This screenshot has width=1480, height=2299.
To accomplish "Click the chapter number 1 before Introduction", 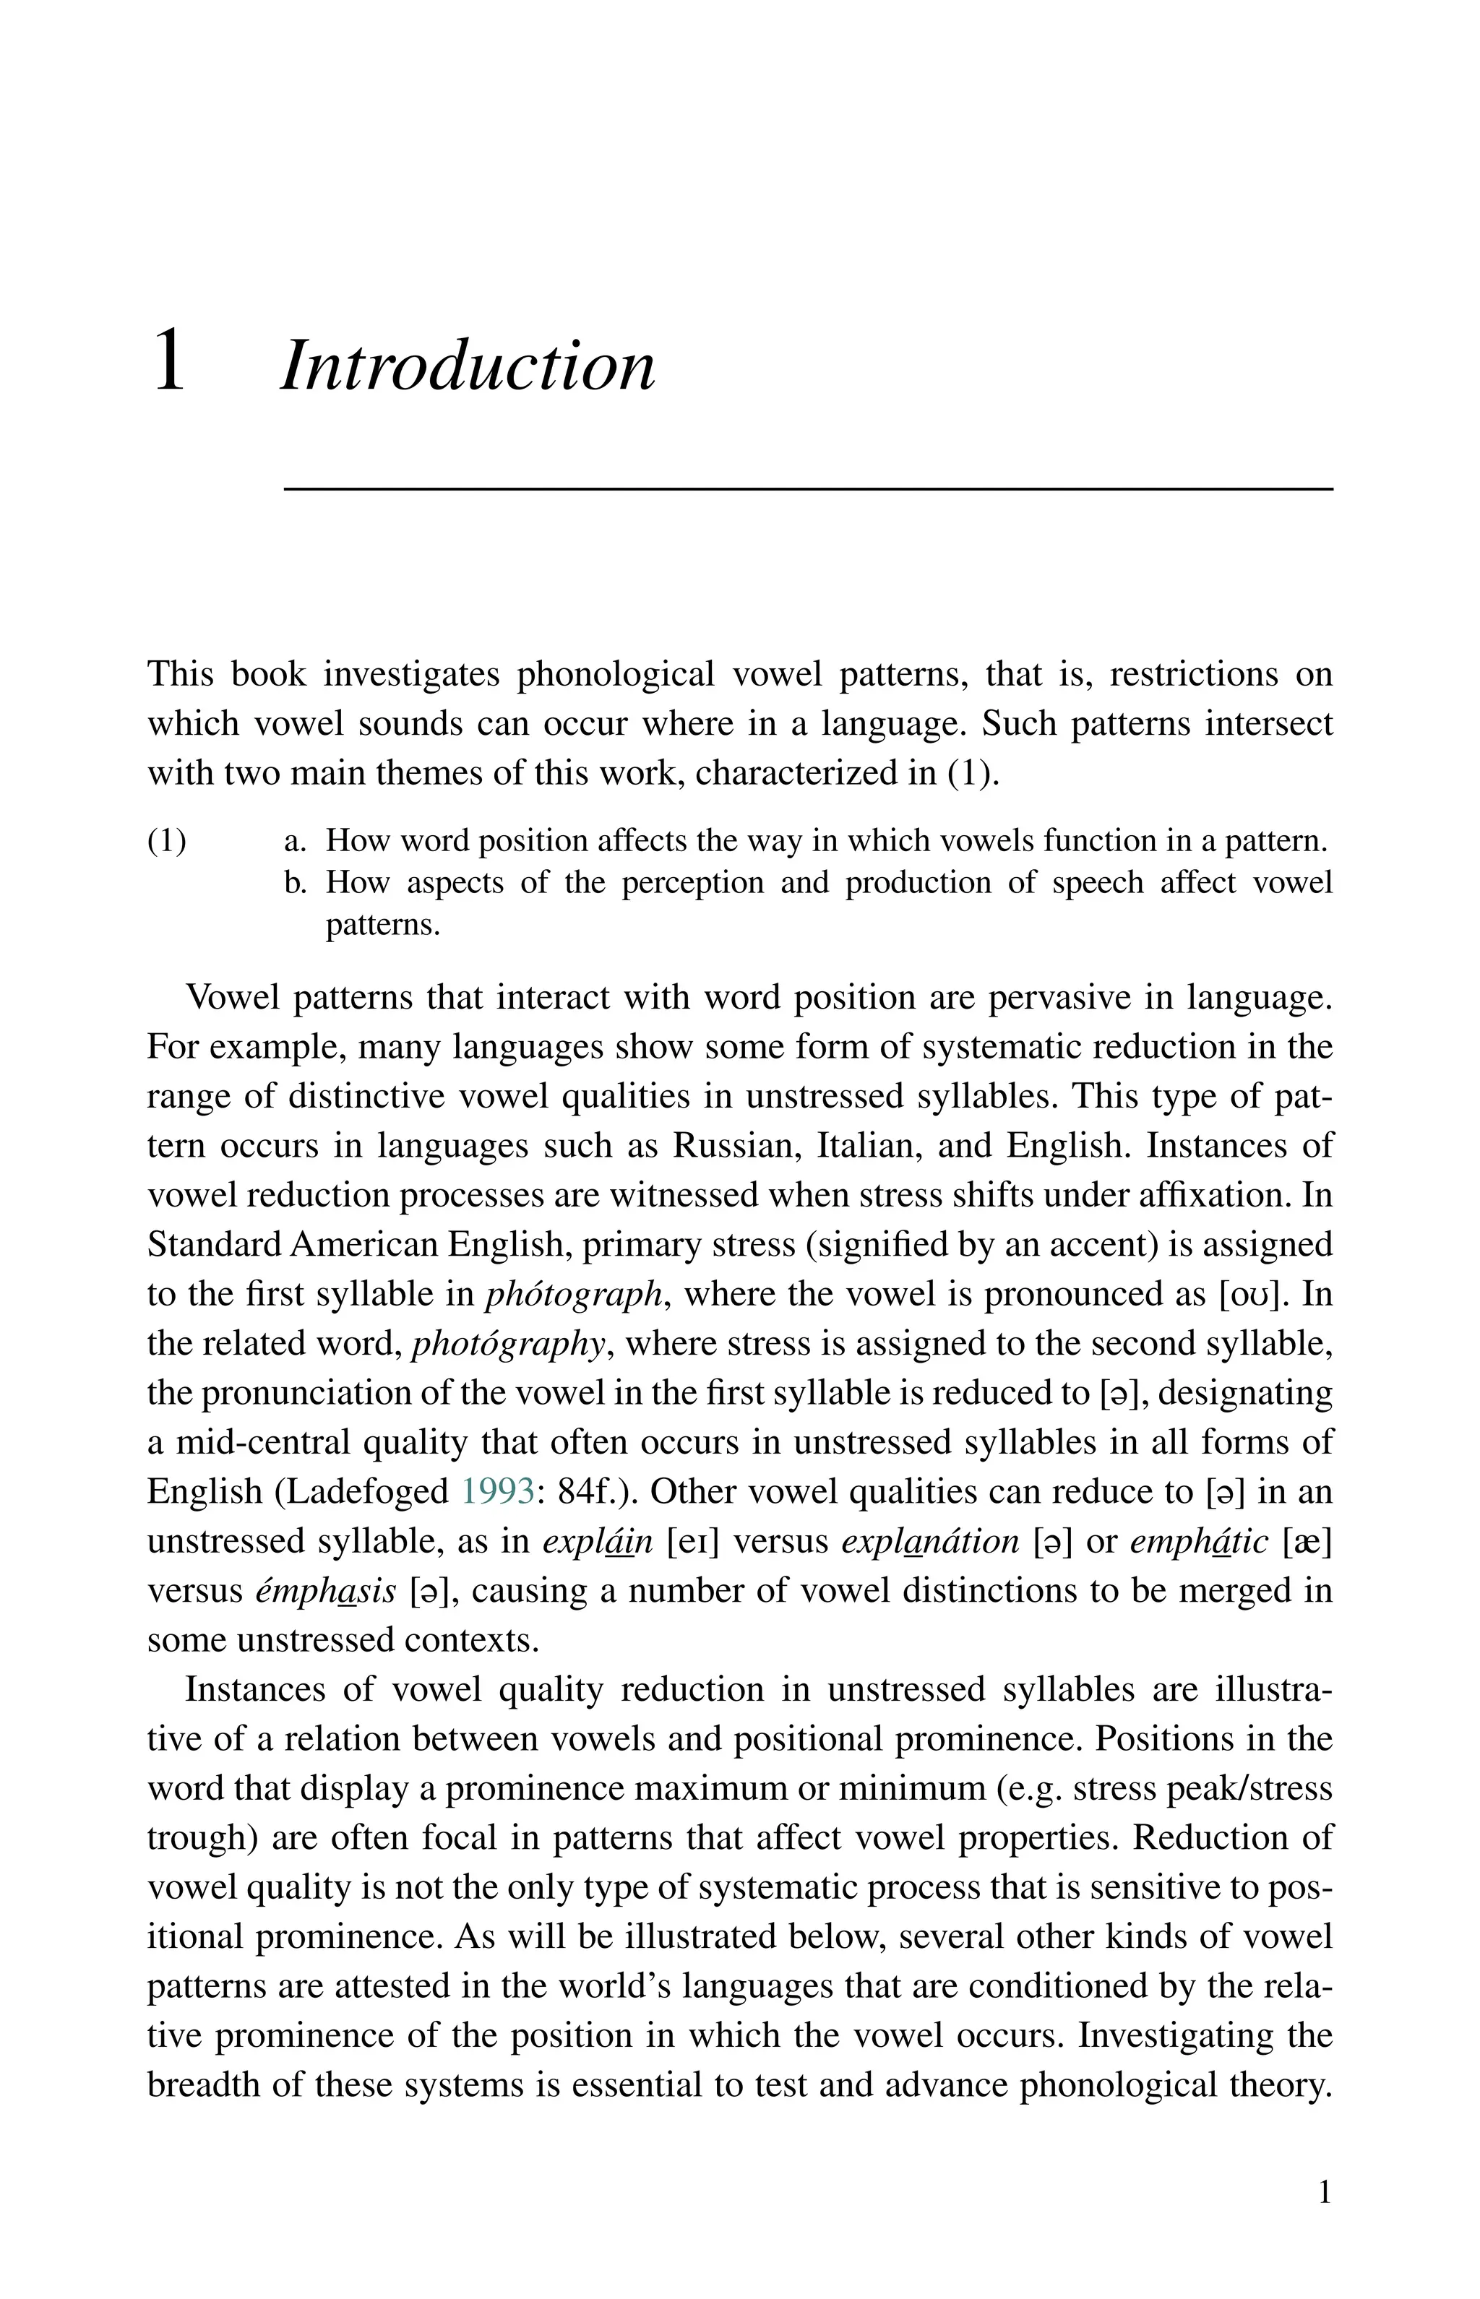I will tap(169, 361).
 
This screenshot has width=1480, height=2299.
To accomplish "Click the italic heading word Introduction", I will tap(468, 366).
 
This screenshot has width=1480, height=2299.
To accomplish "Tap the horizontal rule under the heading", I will tap(807, 490).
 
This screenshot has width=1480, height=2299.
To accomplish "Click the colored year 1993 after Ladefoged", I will tap(498, 1492).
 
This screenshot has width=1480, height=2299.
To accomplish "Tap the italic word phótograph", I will tap(574, 1295).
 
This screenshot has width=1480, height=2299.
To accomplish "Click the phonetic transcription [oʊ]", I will tap(1253, 1295).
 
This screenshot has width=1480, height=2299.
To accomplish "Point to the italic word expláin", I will tap(598, 1542).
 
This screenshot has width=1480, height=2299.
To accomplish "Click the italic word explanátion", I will tap(929, 1542).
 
